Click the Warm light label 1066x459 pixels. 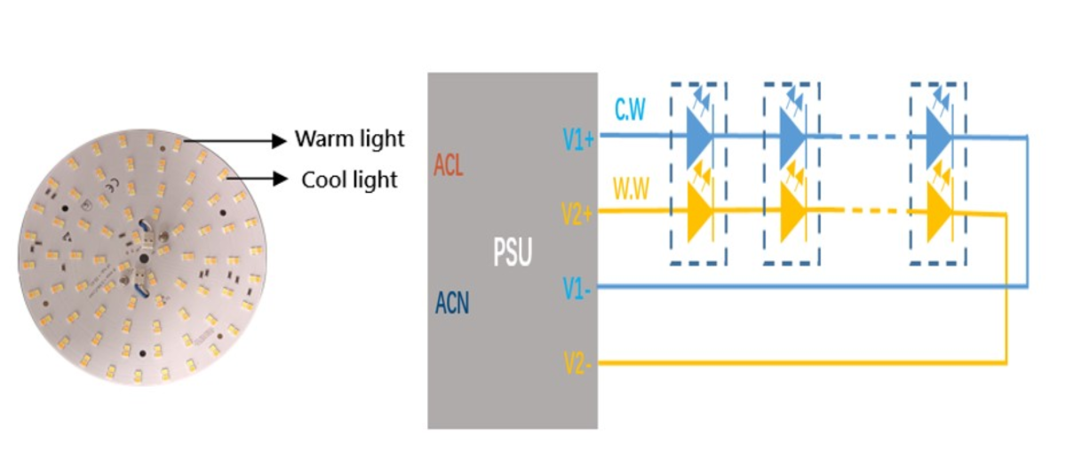[349, 138]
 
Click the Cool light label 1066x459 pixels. [349, 180]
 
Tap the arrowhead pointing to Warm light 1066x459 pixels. [279, 141]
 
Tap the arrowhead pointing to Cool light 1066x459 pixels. [281, 178]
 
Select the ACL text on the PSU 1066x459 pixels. [449, 165]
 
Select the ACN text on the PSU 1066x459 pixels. [452, 303]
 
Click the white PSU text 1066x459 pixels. [513, 252]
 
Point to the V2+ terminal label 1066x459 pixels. [577, 214]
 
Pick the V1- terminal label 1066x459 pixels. [577, 289]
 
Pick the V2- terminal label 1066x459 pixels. [577, 363]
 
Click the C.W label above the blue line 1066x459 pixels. [630, 109]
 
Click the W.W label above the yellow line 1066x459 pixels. [631, 188]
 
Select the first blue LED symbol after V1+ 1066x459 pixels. [700, 137]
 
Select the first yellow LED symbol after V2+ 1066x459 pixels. [700, 211]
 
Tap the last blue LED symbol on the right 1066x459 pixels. [940, 137]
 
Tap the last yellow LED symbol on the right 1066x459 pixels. [940, 211]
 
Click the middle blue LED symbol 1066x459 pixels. [793, 137]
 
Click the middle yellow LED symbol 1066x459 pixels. [793, 211]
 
